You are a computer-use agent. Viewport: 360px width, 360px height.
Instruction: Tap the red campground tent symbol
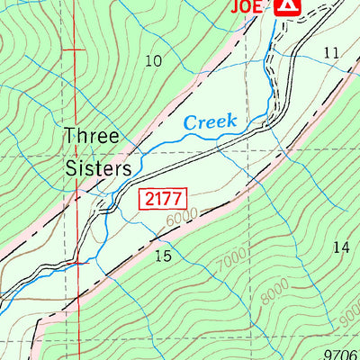(x=286, y=6)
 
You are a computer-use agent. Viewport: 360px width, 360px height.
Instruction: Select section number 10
(x=153, y=61)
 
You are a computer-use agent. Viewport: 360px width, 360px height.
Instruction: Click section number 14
(x=339, y=247)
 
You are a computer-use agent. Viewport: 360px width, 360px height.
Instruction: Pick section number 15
(x=162, y=256)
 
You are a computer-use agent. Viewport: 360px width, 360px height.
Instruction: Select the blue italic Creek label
(x=210, y=121)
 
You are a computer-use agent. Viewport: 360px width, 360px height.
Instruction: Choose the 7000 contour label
(x=229, y=260)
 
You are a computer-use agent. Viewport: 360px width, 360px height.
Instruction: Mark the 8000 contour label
(x=276, y=290)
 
